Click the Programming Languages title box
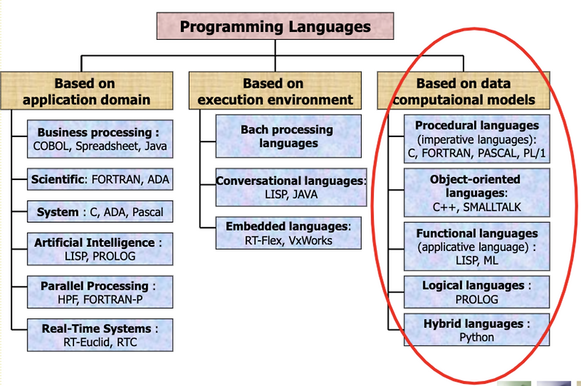pyautogui.click(x=275, y=27)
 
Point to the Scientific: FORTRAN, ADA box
pyautogui.click(x=100, y=178)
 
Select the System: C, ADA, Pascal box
pyautogui.click(x=100, y=212)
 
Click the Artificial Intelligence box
pyautogui.click(x=100, y=249)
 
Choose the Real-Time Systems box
pyautogui.click(x=100, y=335)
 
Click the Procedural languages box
pyautogui.click(x=476, y=139)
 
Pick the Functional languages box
pyautogui.click(x=476, y=247)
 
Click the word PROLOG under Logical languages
pyautogui.click(x=476, y=299)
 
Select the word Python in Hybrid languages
pyautogui.click(x=476, y=337)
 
